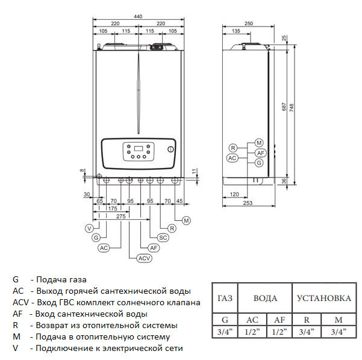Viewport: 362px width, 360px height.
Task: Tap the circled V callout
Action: pos(89,228)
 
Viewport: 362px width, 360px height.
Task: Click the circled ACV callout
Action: pos(143,258)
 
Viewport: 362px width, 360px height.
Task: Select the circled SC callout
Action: pos(162,238)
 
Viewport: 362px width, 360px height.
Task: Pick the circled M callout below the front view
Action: pos(186,221)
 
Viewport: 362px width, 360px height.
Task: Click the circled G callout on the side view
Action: pos(258,163)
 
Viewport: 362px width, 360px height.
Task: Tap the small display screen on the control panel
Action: pos(138,148)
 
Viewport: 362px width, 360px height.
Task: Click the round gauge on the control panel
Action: pos(170,149)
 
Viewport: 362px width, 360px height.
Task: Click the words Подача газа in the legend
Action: pos(61,280)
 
